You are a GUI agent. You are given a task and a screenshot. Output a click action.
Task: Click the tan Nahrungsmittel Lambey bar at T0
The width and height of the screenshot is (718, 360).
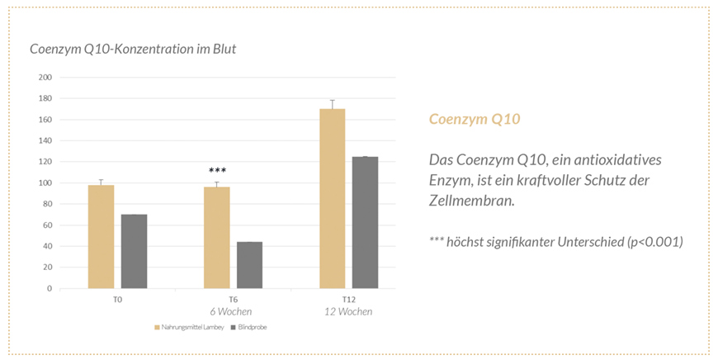(x=101, y=237)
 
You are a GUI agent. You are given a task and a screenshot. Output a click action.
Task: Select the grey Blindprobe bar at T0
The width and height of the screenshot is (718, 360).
(x=134, y=252)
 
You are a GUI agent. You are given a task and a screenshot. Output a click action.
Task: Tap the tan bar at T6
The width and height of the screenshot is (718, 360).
(x=217, y=238)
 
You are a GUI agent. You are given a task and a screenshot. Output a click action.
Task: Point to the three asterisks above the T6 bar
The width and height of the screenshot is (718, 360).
(x=217, y=171)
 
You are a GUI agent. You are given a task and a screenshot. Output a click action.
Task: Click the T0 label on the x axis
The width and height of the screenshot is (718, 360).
(x=118, y=299)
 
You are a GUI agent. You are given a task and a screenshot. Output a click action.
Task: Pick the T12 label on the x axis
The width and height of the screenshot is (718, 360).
(x=349, y=299)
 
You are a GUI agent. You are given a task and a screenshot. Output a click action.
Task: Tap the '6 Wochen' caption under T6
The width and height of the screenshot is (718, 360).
(x=231, y=311)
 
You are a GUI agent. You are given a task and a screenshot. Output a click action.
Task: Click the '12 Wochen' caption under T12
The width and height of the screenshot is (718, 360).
(x=347, y=311)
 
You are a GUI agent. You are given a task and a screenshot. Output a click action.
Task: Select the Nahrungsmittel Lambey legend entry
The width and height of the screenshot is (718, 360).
(x=187, y=327)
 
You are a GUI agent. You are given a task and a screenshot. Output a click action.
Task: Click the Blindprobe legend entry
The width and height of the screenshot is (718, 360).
(x=251, y=327)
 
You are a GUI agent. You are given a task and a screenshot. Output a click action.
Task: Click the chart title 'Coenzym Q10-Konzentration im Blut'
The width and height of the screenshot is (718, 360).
(x=133, y=50)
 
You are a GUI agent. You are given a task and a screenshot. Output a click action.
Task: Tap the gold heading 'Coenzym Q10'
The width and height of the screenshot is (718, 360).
(x=475, y=120)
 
